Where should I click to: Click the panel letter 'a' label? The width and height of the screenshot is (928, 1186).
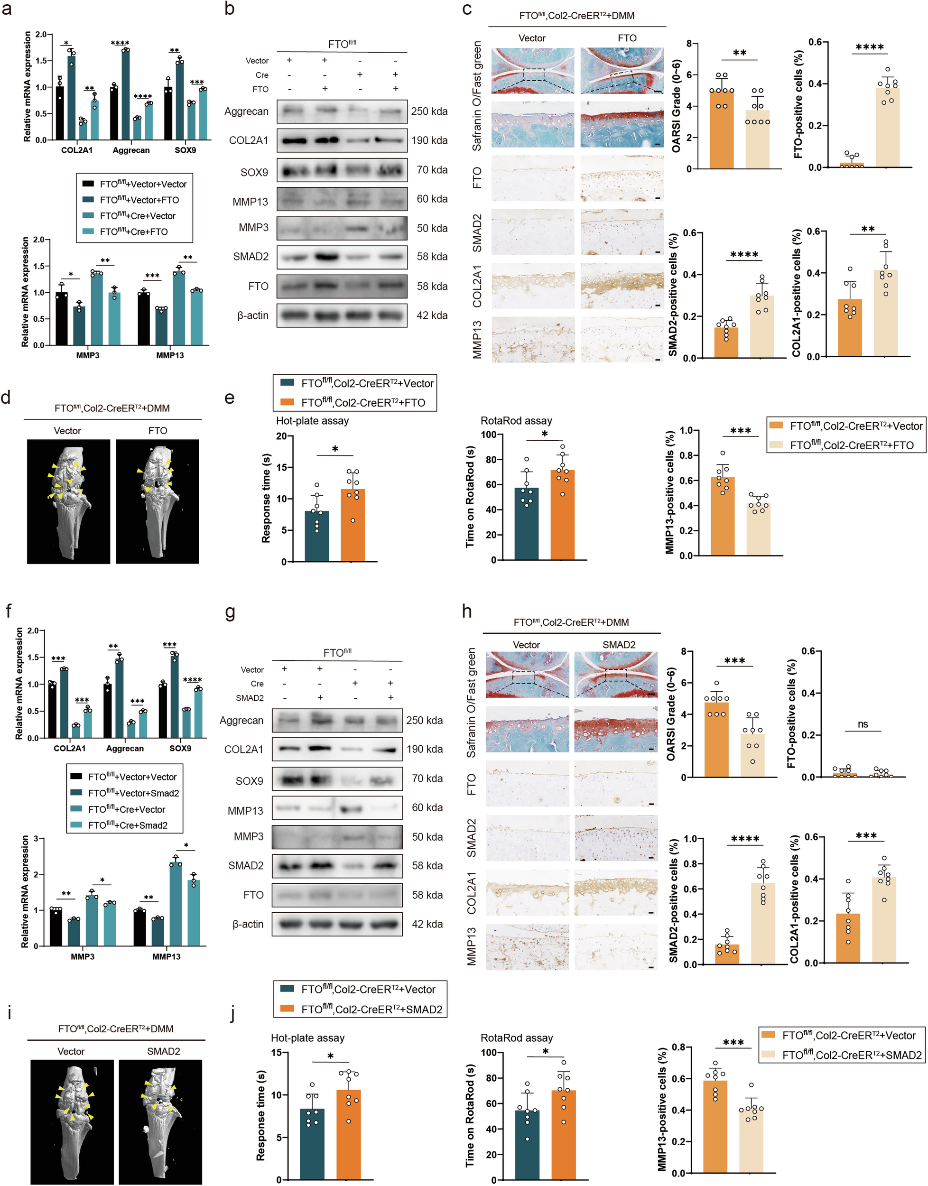point(7,10)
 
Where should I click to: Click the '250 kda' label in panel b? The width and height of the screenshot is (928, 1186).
point(429,111)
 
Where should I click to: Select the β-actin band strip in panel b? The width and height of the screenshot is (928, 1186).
point(342,315)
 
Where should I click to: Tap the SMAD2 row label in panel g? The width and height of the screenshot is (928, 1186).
point(246,865)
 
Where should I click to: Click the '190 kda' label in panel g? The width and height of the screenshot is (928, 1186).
point(424,749)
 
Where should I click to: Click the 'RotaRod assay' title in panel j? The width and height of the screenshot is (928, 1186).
point(517,1038)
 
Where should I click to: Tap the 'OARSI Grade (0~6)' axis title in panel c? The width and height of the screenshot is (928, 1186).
point(677,106)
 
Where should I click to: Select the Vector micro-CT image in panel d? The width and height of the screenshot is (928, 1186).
point(68,501)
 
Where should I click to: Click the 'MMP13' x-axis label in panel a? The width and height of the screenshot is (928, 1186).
point(169,355)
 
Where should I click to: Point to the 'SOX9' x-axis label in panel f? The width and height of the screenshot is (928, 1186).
point(180,748)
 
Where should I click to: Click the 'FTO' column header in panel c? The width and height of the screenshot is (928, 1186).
point(627,38)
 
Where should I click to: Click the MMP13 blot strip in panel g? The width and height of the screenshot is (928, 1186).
point(337,808)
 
